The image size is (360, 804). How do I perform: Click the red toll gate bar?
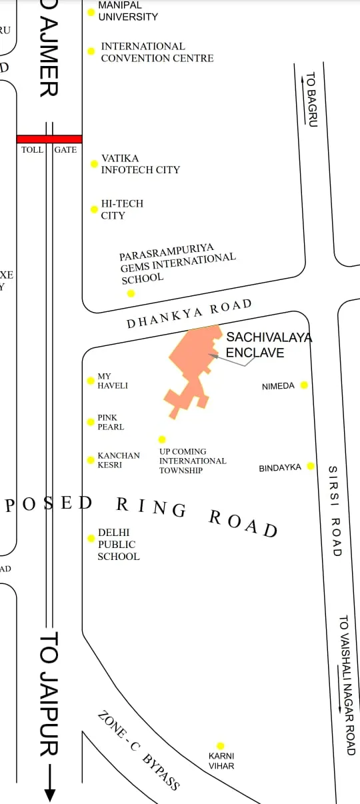coord(49,139)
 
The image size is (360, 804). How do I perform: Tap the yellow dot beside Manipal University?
coord(91,12)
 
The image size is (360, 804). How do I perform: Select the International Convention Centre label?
coord(157,52)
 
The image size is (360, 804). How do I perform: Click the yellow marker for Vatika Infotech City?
coord(94,164)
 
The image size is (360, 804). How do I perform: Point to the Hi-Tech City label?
coord(121,209)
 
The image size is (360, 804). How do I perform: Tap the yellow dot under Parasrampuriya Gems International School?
coord(131,293)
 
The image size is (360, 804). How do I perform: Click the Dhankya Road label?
coord(189,313)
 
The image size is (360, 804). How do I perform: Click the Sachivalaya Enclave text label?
coord(268,345)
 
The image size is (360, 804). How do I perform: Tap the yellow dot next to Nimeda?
coord(304,385)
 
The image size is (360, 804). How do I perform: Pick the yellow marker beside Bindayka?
coord(311,466)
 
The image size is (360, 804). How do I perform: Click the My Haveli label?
coord(112,381)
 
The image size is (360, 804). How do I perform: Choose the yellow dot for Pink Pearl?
coord(91,422)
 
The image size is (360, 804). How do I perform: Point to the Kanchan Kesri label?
coord(119,460)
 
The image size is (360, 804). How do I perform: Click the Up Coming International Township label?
coord(192,461)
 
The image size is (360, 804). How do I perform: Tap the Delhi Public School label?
coord(119,544)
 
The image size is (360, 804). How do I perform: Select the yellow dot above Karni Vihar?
coord(221,746)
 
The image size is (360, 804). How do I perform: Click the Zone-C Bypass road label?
coord(139,750)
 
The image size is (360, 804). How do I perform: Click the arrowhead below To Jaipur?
coord(49,794)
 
